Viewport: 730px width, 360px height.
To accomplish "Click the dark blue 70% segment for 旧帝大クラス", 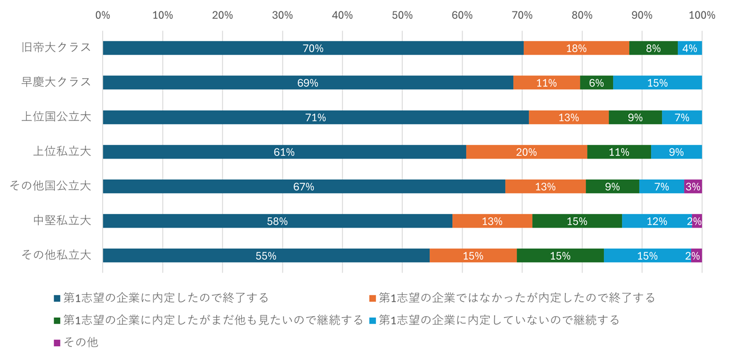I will [x=313, y=48].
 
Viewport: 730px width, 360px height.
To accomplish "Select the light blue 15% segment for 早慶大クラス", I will [x=657, y=83].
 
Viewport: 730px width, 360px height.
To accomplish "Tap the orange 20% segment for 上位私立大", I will [x=526, y=152].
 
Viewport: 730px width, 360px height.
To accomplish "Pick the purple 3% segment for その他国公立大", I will [x=692, y=187].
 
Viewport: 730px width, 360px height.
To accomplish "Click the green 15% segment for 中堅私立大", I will [x=577, y=221].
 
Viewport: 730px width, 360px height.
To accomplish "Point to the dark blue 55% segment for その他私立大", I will [x=266, y=256].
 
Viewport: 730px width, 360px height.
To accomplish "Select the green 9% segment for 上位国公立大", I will [x=635, y=118].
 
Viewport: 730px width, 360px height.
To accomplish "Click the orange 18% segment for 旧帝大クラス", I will [x=576, y=48].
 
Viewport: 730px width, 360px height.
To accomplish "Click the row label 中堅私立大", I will [x=62, y=221].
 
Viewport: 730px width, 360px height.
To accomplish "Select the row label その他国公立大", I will [x=51, y=186].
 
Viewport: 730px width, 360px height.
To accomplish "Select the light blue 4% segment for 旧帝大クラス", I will [x=690, y=48].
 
